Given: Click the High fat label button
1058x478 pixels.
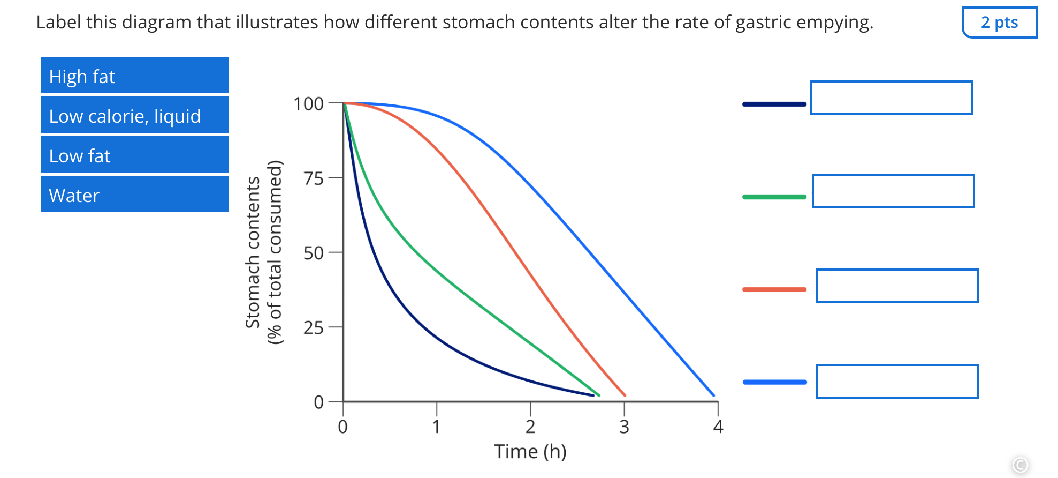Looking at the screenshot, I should pyautogui.click(x=134, y=76).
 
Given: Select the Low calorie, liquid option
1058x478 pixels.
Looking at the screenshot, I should pyautogui.click(x=134, y=115).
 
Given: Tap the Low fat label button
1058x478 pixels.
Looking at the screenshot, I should pyautogui.click(x=134, y=155).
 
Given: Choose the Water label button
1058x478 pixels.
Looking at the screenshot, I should pyautogui.click(x=134, y=195).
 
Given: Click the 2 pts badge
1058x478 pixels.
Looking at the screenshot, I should pyautogui.click(x=999, y=23).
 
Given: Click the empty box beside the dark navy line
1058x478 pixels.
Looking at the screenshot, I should pyautogui.click(x=891, y=98).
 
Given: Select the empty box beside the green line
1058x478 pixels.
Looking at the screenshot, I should pyautogui.click(x=893, y=191).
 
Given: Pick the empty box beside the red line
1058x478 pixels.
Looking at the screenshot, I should pyautogui.click(x=896, y=286).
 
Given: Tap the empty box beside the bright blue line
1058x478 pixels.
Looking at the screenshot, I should pyautogui.click(x=897, y=382).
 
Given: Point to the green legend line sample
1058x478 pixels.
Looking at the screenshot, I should pyautogui.click(x=774, y=197).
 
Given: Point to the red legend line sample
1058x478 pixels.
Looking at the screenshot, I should pyautogui.click(x=774, y=290).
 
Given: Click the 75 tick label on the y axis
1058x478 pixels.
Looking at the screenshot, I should pyautogui.click(x=314, y=178).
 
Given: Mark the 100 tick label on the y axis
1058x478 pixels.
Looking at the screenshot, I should pyautogui.click(x=308, y=104).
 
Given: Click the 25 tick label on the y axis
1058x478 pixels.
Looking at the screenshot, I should pyautogui.click(x=314, y=328).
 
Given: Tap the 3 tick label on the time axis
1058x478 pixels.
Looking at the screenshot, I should pyautogui.click(x=624, y=427).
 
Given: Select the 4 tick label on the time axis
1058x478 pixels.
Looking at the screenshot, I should pyautogui.click(x=718, y=427).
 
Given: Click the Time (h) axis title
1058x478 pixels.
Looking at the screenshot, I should pyautogui.click(x=530, y=452).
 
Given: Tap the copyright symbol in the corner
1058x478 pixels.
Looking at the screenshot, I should pyautogui.click(x=1020, y=465).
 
